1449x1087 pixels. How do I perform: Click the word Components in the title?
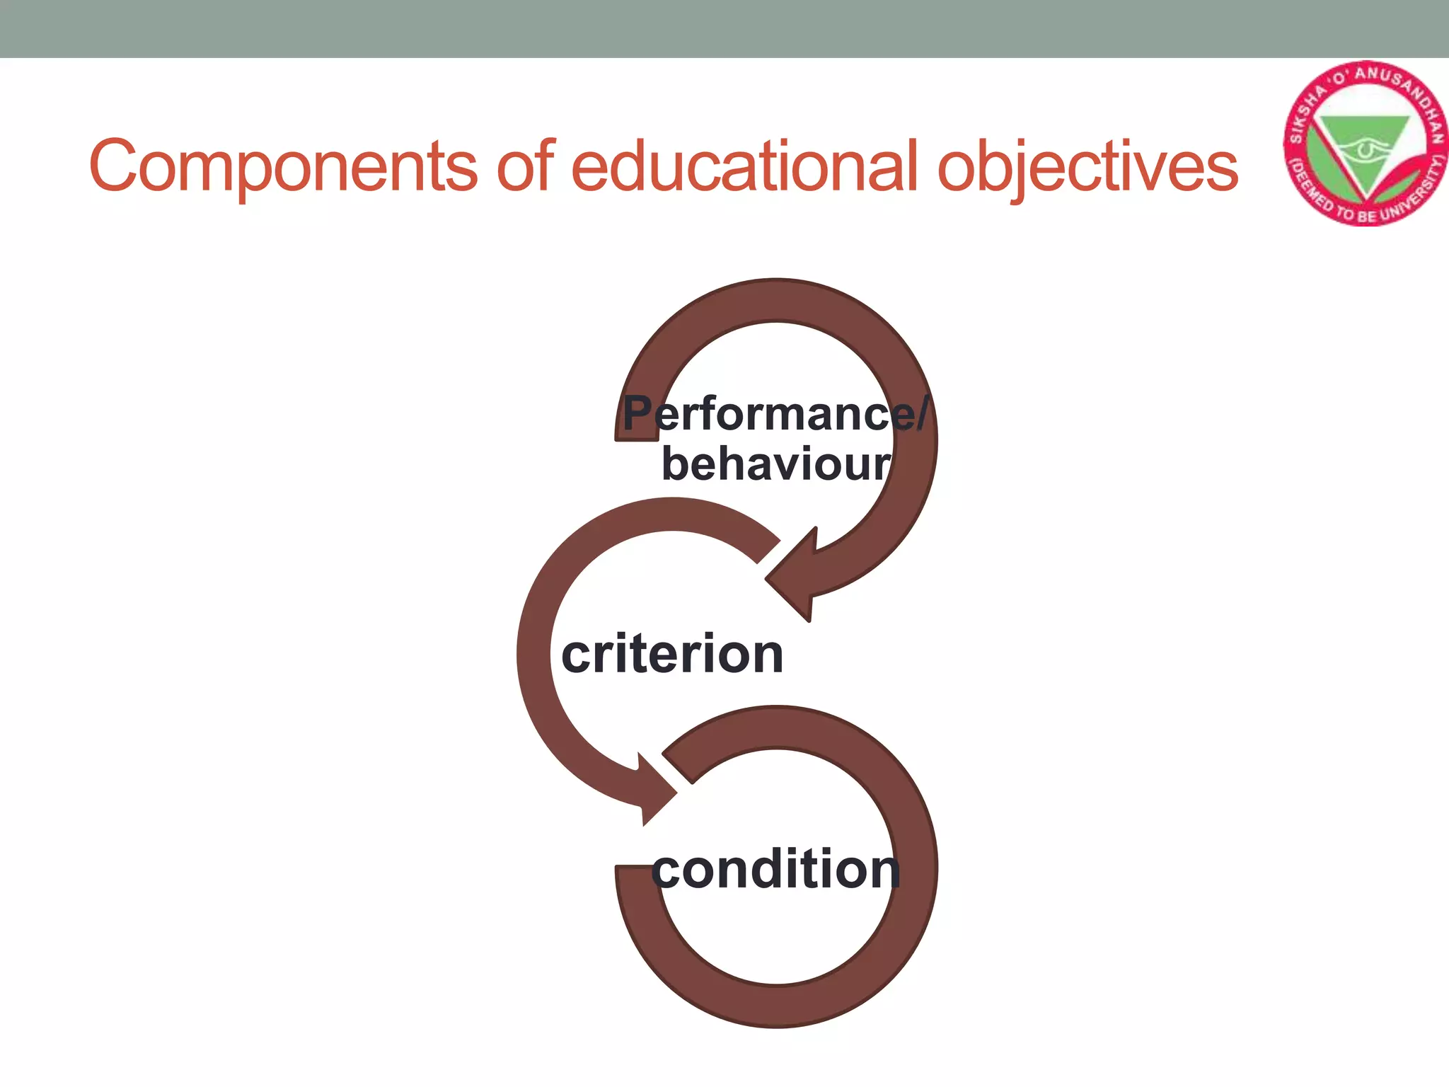point(283,167)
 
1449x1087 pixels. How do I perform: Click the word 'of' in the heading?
point(525,166)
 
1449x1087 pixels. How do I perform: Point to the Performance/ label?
point(775,413)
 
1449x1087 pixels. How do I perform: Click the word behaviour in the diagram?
point(775,464)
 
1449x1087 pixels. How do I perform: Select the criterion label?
point(672,654)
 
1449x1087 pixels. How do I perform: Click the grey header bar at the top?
point(724,28)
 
